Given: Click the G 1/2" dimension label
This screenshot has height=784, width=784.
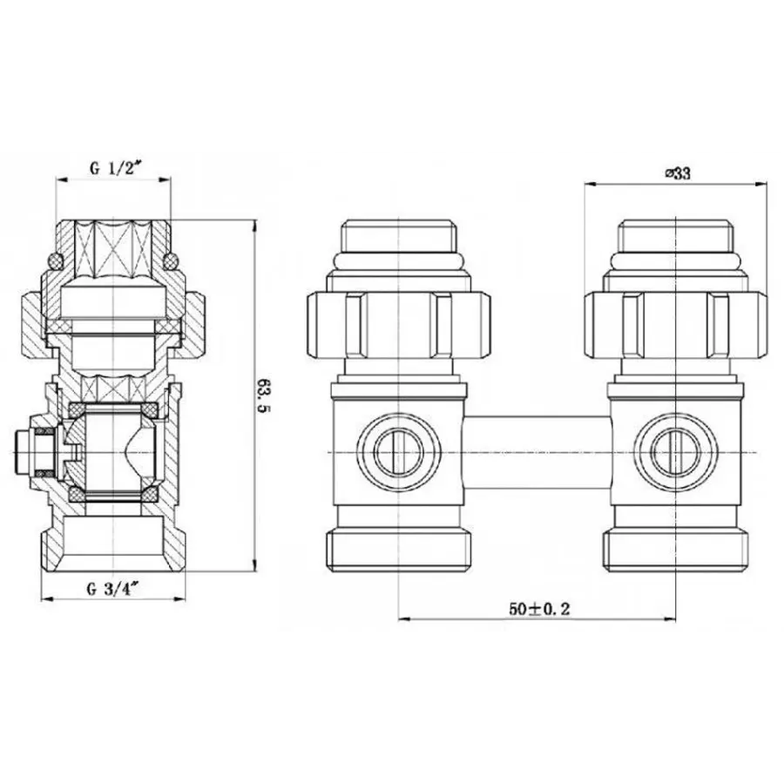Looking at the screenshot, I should click(x=114, y=170).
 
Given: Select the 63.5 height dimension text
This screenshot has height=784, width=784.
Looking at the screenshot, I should click(x=260, y=395).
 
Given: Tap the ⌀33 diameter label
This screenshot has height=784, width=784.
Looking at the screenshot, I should click(x=677, y=173).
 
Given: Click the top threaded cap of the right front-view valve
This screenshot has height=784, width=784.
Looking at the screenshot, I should click(x=674, y=235).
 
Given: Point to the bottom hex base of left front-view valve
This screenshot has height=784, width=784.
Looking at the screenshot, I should click(x=399, y=546).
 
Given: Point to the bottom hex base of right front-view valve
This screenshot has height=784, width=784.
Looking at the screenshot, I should click(x=674, y=546).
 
